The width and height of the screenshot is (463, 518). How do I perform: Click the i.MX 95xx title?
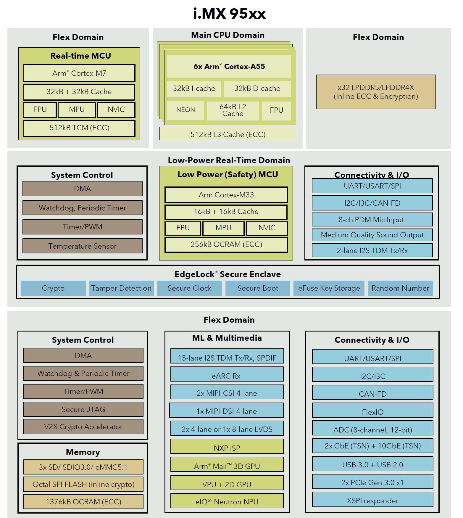coord(229,14)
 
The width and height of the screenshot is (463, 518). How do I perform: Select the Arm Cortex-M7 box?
coord(79,73)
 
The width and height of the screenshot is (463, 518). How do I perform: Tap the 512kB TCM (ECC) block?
coord(79,128)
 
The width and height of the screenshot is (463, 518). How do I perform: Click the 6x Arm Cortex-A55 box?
coord(229,66)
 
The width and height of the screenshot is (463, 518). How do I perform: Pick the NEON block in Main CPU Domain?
coord(185,110)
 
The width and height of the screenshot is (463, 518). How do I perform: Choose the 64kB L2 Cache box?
coord(233,110)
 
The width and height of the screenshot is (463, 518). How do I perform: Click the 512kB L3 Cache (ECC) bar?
coord(228,134)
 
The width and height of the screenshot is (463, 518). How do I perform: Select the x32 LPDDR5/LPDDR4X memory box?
coord(376,92)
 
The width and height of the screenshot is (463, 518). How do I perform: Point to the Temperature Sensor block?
coord(82,246)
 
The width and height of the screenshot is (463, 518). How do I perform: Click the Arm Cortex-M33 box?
coord(226,195)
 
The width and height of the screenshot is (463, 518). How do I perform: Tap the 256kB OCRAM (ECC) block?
coord(226,244)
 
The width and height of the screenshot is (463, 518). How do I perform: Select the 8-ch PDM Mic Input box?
coord(372,220)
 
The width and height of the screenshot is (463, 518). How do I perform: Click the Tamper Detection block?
coord(121,288)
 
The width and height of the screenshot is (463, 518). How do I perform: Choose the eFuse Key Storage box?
coord(329,288)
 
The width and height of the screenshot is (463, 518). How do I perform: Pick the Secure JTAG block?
coord(83,409)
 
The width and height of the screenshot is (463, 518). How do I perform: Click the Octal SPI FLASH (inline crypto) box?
coord(83,484)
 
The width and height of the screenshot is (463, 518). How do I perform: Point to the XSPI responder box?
coord(372,500)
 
